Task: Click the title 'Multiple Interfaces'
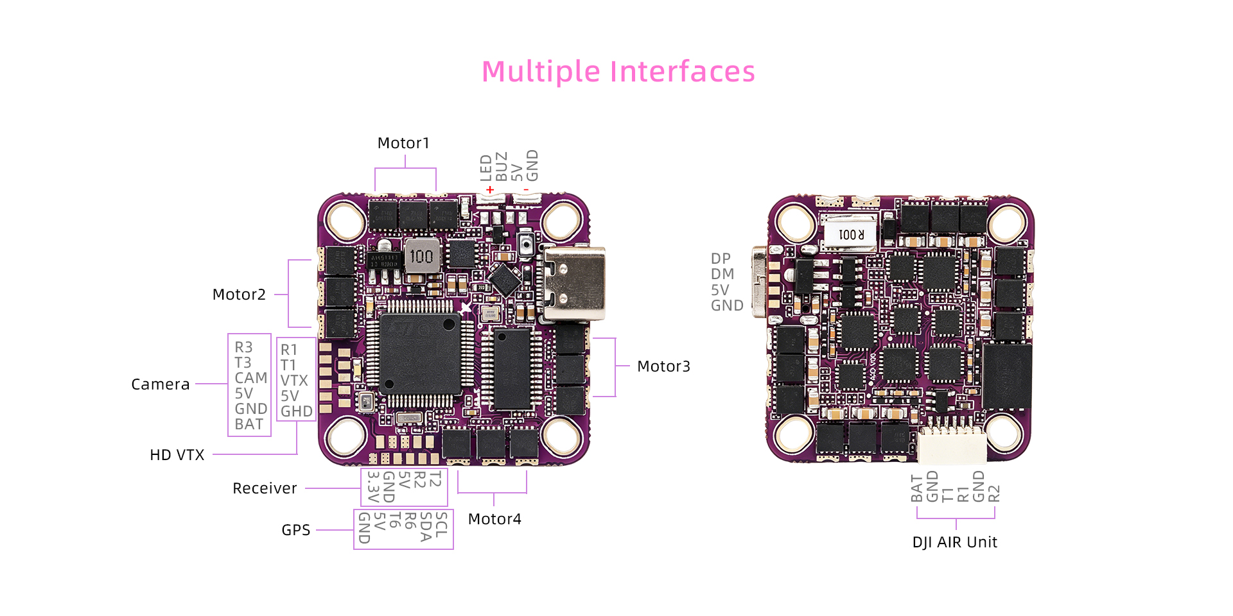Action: click(x=618, y=71)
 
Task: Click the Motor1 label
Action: click(x=403, y=143)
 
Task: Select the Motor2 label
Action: click(x=239, y=295)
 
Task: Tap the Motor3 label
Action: click(x=663, y=366)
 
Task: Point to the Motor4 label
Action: click(x=494, y=519)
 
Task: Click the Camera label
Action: click(x=161, y=384)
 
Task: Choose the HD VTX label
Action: click(x=177, y=455)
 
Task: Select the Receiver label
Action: click(x=265, y=488)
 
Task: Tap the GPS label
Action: click(x=296, y=530)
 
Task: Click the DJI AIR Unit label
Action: click(x=955, y=542)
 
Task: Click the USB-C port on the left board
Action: click(x=574, y=284)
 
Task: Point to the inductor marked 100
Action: click(x=421, y=256)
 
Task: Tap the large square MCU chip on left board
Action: click(x=421, y=354)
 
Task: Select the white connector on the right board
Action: click(x=952, y=445)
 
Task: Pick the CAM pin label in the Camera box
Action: click(x=250, y=378)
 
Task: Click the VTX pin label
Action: click(x=294, y=381)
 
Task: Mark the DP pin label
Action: click(x=721, y=259)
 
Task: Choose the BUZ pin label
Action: click(x=502, y=167)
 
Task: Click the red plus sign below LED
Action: click(x=490, y=190)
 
